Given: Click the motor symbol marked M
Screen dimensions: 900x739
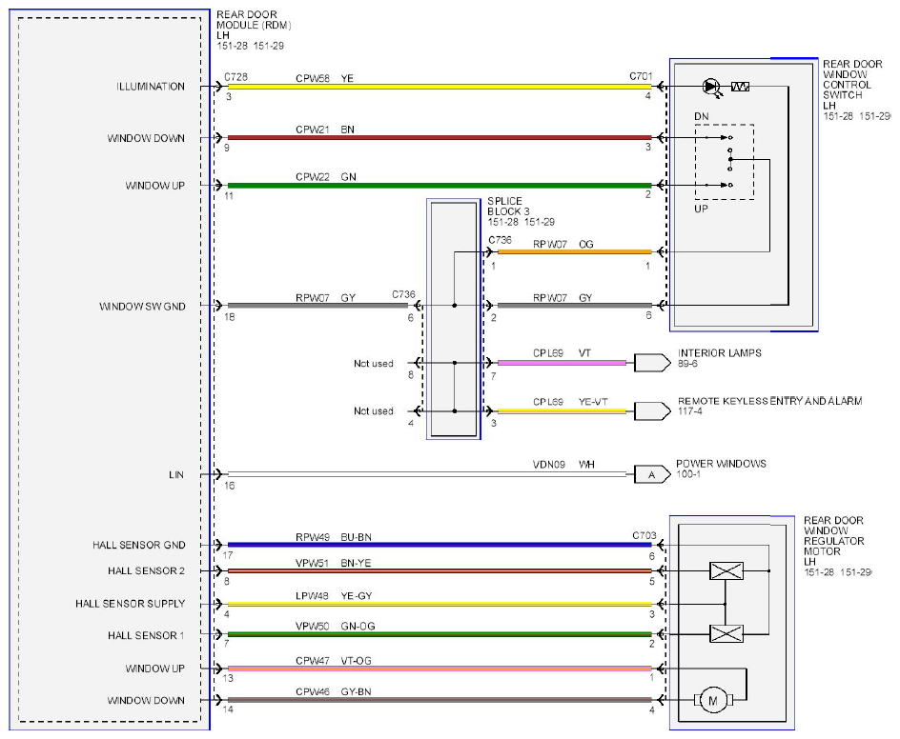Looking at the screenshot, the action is (713, 700).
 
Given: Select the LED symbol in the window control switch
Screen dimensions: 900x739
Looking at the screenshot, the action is (712, 88).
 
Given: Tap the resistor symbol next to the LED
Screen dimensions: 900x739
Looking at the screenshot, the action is (740, 87).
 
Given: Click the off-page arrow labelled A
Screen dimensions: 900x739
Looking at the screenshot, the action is (652, 474).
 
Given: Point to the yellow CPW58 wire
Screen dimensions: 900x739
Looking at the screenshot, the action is (440, 88).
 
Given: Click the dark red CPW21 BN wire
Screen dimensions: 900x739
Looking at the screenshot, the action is (440, 137).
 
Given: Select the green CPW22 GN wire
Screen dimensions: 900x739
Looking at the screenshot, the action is (440, 185).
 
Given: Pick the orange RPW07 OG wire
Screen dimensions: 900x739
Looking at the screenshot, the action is (575, 251).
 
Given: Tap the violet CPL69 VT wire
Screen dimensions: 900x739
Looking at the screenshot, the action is (562, 363).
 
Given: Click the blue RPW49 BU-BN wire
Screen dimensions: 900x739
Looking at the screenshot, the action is (440, 545).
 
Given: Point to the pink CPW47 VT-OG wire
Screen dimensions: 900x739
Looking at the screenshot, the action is (440, 669).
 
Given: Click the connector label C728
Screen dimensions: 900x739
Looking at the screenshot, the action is (235, 77).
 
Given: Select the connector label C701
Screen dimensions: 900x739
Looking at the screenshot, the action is (641, 75).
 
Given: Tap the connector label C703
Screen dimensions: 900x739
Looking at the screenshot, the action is (644, 535).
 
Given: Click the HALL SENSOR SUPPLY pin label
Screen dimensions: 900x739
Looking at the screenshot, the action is (131, 604).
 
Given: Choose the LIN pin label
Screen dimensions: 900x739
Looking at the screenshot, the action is (176, 474).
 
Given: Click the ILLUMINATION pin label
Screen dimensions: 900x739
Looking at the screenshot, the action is (151, 87).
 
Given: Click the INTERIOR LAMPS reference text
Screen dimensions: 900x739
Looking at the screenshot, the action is (720, 353).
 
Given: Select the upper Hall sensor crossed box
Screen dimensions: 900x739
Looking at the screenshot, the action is (726, 571).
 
